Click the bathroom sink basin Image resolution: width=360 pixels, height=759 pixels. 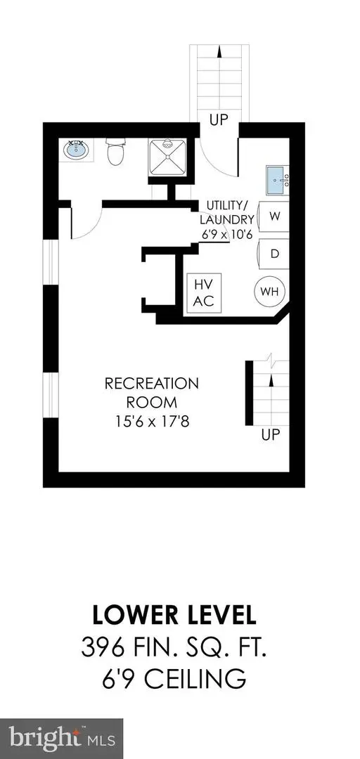(76, 150)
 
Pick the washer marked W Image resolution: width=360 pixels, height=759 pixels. (274, 217)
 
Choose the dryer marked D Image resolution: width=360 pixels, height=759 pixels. (274, 252)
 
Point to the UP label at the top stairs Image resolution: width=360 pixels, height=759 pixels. (219, 120)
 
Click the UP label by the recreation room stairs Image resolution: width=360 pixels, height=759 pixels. (271, 435)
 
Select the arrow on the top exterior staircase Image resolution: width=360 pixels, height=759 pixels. (219, 51)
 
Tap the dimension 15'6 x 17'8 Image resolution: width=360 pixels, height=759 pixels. (151, 424)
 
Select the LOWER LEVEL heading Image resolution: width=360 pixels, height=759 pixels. (173, 615)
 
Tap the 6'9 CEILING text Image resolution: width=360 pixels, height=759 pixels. (173, 680)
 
